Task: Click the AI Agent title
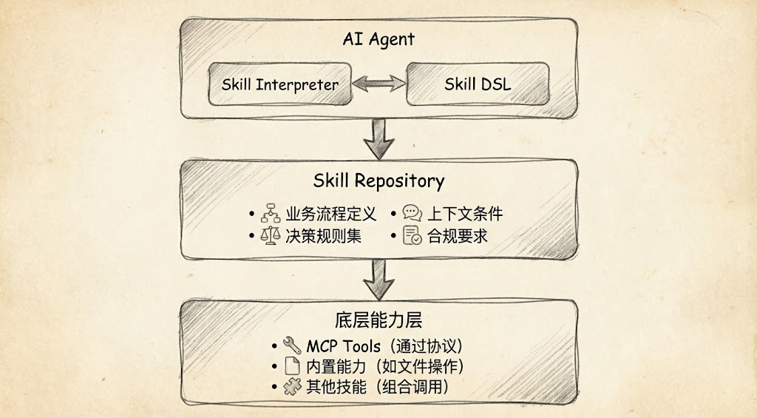pos(378,39)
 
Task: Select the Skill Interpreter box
pos(279,84)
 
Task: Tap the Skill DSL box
pos(478,84)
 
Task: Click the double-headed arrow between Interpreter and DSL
pos(378,84)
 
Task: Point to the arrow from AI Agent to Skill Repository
pos(378,138)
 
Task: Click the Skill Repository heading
pos(378,181)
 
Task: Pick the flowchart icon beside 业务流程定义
pos(269,215)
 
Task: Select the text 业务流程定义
pos(330,215)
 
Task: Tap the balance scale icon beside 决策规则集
pos(269,237)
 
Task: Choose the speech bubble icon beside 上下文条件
pos(412,215)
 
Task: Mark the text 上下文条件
pos(465,215)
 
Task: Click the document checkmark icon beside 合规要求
pos(412,237)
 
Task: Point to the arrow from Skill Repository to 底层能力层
pos(378,279)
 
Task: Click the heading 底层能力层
pos(378,320)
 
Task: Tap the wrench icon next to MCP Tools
pos(292,345)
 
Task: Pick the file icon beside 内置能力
pos(292,366)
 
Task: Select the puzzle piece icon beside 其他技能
pos(292,387)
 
